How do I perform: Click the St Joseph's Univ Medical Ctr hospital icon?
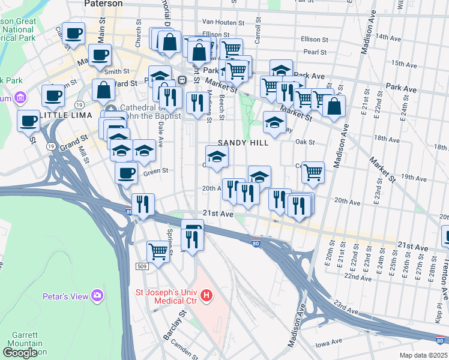click(x=206, y=295)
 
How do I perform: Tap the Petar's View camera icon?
click(x=97, y=295)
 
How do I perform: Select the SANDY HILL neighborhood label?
click(x=243, y=142)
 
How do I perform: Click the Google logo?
click(x=20, y=353)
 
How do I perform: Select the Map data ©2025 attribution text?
click(x=424, y=355)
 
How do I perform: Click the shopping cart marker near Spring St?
click(x=158, y=251)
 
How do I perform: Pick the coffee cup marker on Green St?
click(x=126, y=173)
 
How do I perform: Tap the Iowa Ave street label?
click(x=328, y=346)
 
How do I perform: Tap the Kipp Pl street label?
click(x=439, y=314)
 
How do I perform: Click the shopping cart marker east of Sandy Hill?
click(x=313, y=172)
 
